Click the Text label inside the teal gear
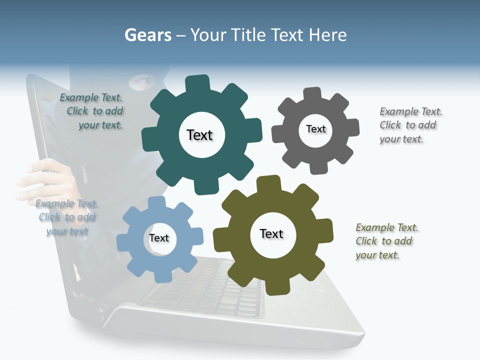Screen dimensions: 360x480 (199, 135)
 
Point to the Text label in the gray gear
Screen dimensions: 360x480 (315, 129)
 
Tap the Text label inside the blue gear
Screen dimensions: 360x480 (159, 238)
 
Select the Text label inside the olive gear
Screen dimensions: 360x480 (271, 233)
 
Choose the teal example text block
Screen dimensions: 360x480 (92, 111)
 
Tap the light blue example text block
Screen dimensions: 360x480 (66, 217)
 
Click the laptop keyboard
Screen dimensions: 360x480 (210, 290)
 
